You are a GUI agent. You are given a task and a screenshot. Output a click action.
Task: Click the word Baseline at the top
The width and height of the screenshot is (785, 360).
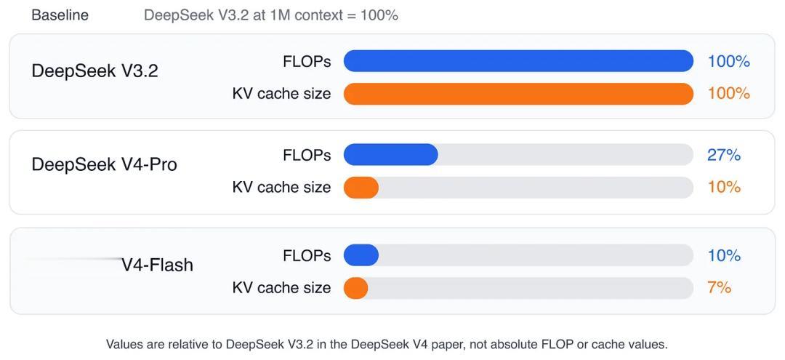pos(60,15)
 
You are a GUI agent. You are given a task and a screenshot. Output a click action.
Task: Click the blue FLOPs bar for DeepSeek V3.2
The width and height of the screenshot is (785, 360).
pos(518,61)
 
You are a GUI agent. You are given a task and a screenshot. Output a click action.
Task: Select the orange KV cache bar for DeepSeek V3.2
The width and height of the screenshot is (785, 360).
pos(518,94)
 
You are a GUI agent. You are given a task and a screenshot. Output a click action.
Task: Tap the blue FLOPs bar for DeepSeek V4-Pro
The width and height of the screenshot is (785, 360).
pos(390,155)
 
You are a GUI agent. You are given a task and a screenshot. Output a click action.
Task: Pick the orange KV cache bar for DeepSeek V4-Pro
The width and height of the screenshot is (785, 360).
pos(361,187)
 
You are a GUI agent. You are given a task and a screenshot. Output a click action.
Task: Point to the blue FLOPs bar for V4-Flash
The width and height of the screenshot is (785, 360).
pos(361,255)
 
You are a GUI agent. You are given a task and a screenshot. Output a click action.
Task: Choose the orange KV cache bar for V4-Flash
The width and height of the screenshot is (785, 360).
pos(356,288)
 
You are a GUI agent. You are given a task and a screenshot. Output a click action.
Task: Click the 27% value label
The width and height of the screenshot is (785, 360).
pos(724,155)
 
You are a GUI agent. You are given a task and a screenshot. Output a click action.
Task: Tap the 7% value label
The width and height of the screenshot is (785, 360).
pos(720,288)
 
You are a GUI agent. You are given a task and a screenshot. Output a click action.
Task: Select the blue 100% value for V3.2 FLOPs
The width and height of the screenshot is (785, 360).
pos(729,62)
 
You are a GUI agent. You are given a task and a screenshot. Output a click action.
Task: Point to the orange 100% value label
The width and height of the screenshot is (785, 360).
pos(729,94)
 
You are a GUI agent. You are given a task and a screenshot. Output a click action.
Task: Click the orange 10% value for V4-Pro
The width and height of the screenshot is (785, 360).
pos(724,187)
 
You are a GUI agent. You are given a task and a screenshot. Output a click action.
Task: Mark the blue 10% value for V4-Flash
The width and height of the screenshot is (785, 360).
pos(724,255)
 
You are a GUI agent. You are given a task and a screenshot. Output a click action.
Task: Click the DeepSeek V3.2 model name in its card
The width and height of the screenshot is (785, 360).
pos(94,71)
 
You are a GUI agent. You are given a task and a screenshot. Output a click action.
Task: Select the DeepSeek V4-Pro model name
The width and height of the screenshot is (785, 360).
pos(104,164)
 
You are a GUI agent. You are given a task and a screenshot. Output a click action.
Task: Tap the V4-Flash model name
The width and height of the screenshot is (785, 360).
pos(157,265)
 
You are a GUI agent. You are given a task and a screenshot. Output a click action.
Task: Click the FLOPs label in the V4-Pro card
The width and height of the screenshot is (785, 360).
pos(307,155)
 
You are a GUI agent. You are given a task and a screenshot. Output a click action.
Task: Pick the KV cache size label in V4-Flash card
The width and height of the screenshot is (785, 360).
pos(281,288)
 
